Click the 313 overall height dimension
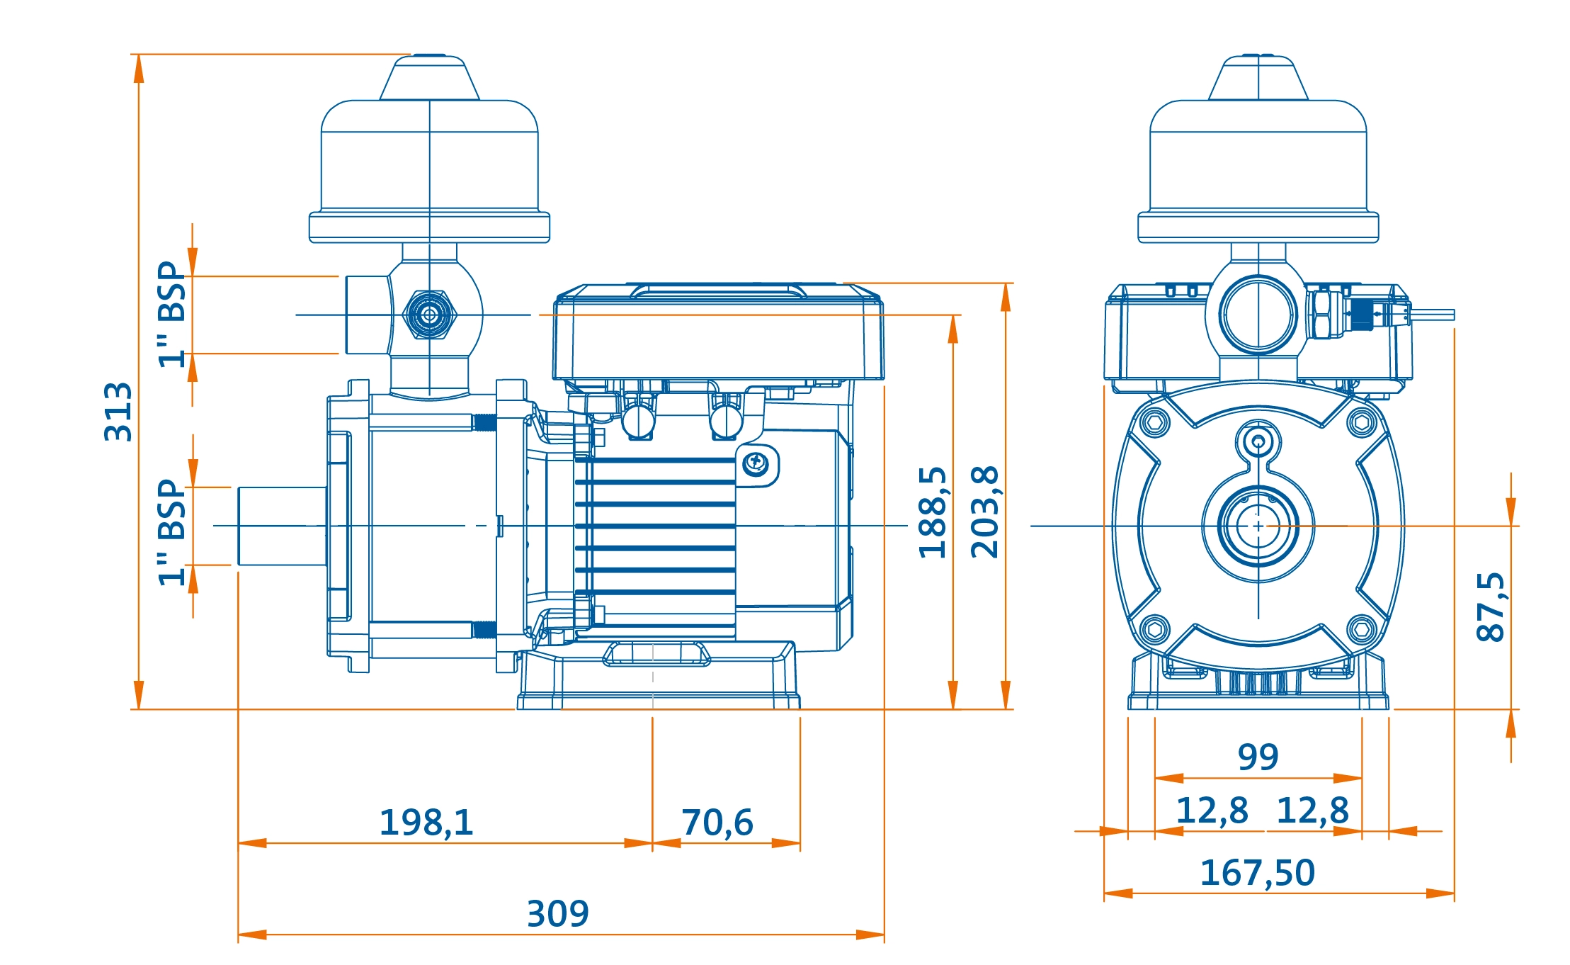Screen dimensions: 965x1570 pos(118,412)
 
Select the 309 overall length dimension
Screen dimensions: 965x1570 pos(557,913)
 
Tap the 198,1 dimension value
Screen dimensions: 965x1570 pos(426,823)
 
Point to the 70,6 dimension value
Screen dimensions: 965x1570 pos(717,823)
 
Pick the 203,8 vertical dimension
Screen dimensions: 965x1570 pos(985,512)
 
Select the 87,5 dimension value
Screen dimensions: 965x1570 pos(1490,606)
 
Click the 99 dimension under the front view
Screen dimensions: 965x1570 pos(1258,757)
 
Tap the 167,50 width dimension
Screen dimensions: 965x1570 pos(1257,873)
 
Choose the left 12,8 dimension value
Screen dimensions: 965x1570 pos(1212,811)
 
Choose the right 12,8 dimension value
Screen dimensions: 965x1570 pos(1312,811)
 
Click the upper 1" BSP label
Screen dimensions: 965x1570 pos(172,314)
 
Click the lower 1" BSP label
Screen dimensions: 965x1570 pos(172,532)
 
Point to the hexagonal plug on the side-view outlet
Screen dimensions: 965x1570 pos(429,315)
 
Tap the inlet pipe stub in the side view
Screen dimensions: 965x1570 pos(282,526)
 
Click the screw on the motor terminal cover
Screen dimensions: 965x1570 pos(756,463)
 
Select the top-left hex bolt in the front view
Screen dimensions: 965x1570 pos(1155,423)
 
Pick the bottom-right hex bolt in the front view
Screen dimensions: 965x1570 pos(1361,628)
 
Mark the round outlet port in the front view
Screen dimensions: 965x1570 pos(1258,315)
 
